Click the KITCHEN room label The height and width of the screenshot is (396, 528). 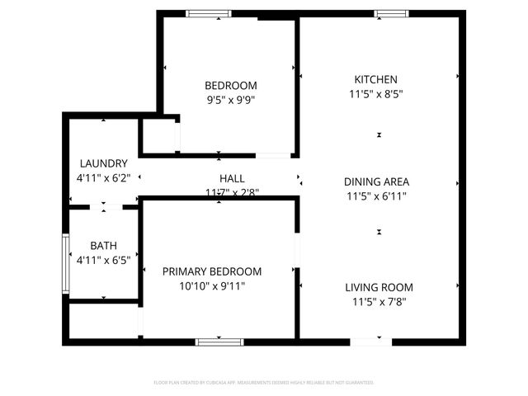376,79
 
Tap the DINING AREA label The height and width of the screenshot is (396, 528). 376,181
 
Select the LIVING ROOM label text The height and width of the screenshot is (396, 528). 379,287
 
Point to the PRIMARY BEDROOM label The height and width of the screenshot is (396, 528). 212,271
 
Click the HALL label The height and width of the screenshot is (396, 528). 232,178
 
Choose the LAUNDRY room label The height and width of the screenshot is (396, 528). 103,163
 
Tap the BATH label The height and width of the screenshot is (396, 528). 103,246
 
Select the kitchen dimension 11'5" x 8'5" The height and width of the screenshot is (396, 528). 376,94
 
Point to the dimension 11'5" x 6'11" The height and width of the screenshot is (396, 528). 376,196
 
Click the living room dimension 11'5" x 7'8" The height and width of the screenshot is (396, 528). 379,302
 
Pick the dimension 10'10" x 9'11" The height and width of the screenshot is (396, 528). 212,286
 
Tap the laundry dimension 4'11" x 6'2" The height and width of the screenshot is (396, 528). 103,177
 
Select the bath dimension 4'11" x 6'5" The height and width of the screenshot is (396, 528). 103,261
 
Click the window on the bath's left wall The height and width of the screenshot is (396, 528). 66,264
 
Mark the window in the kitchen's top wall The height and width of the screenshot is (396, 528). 391,13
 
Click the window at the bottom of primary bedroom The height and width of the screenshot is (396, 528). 219,342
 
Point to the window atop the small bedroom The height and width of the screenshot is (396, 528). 208,13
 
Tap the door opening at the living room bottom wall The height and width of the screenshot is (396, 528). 370,342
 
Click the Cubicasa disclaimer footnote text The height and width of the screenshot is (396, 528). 264,383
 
